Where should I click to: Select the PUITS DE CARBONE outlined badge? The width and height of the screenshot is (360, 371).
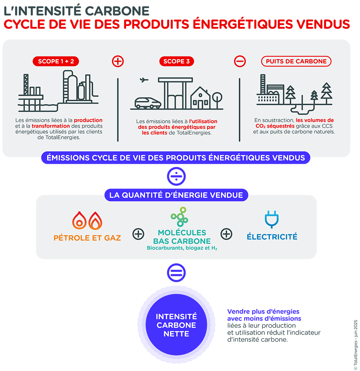coord(296,61)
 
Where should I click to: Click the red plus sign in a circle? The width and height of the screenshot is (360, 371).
coord(118,61)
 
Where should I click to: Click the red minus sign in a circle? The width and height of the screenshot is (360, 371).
coord(240,61)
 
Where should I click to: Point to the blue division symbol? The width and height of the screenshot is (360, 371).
coord(176,176)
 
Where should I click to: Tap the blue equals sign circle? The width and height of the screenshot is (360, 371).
coord(176,273)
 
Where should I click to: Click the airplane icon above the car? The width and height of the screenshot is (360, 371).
coord(144,80)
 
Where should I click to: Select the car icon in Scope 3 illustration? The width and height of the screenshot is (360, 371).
coord(148,103)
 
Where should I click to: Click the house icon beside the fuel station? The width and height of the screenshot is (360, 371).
coord(200,98)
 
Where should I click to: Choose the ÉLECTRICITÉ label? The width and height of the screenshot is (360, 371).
coord(272,237)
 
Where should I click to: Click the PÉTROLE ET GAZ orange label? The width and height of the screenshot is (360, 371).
coord(87,238)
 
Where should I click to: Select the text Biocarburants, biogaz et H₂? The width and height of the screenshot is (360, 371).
coord(182,249)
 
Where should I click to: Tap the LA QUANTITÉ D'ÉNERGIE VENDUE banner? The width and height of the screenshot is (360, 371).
coord(176,195)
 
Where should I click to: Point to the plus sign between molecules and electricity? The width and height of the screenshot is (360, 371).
coord(226,234)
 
